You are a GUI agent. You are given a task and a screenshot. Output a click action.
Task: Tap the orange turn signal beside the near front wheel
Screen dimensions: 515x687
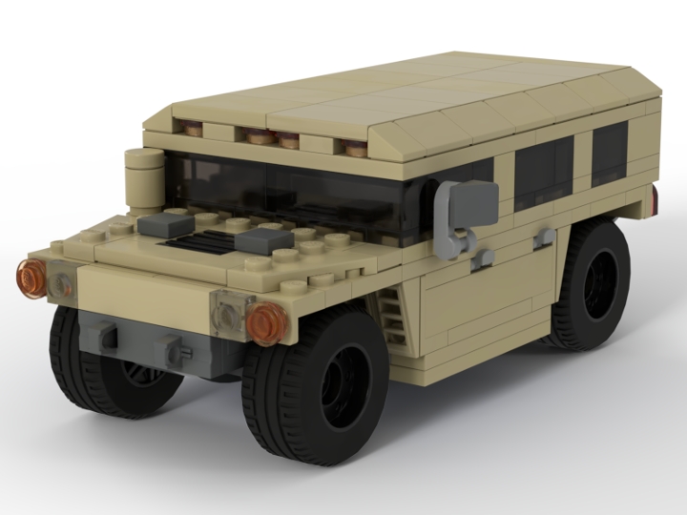(265, 321)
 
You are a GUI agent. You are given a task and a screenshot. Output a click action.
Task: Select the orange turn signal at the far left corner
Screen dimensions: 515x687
(31, 277)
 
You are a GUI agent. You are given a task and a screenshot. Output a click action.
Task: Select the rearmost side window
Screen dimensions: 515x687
(609, 155)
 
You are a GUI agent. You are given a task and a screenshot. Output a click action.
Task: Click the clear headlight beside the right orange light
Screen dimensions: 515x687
(230, 310)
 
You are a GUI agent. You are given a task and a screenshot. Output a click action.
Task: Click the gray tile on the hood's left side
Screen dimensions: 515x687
(157, 226)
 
